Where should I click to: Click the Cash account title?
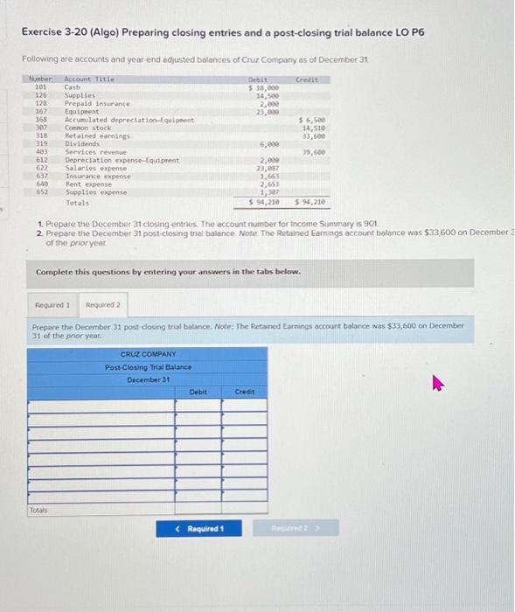(x=73, y=87)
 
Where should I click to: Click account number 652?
(x=40, y=192)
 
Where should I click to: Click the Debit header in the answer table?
(x=198, y=393)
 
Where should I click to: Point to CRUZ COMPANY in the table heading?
(x=148, y=354)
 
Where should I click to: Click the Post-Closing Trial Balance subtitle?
(x=148, y=367)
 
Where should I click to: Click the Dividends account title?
(x=80, y=144)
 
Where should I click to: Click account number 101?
(x=40, y=87)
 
